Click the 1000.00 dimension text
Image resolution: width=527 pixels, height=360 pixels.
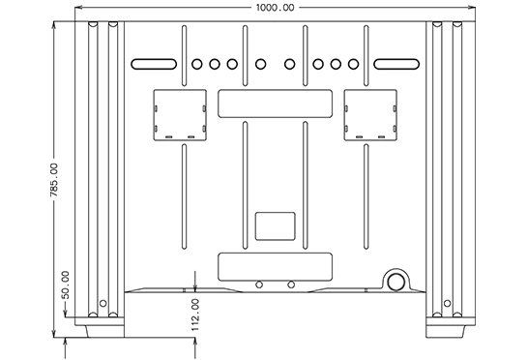tap(276, 8)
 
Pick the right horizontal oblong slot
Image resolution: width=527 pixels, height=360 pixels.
tap(395, 65)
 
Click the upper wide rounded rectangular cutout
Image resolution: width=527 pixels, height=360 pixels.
tap(276, 104)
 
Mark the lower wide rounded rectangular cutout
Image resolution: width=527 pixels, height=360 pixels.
tap(276, 267)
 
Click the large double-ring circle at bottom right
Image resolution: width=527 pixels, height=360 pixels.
tap(396, 281)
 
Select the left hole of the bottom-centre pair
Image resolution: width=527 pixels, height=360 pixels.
tap(258, 285)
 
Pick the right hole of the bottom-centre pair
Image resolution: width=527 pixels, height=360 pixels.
tap(291, 285)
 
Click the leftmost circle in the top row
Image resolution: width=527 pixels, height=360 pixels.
tap(196, 65)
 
